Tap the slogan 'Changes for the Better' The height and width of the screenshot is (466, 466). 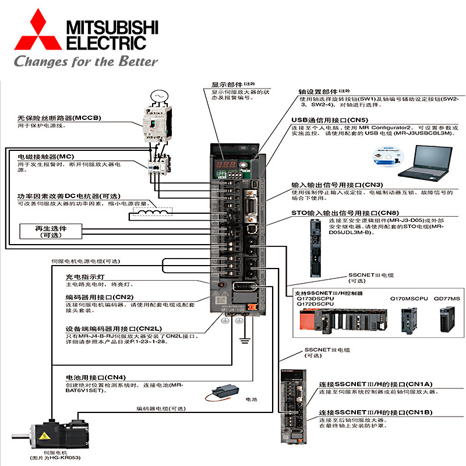click(x=86, y=61)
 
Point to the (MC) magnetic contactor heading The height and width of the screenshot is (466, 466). click(x=46, y=157)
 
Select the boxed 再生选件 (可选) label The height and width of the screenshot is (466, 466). click(x=51, y=232)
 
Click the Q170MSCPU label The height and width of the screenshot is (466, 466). click(x=407, y=298)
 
